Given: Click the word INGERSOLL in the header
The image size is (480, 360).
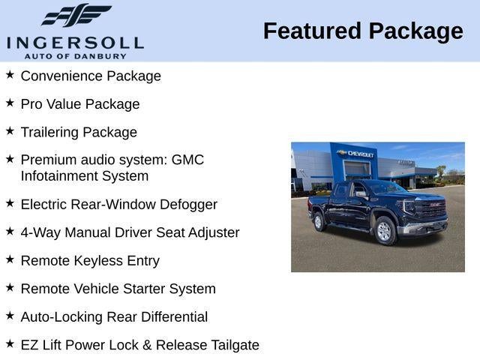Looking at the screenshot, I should click(75, 42).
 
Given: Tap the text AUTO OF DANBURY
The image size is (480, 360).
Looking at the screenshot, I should click(75, 55).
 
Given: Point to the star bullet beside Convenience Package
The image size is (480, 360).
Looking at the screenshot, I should click(10, 75).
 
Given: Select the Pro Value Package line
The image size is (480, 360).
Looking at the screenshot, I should click(80, 104).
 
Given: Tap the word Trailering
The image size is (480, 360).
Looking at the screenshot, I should click(49, 133).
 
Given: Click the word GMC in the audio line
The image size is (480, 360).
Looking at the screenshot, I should click(187, 160).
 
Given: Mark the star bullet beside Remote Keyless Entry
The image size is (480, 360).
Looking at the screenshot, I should click(10, 259).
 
